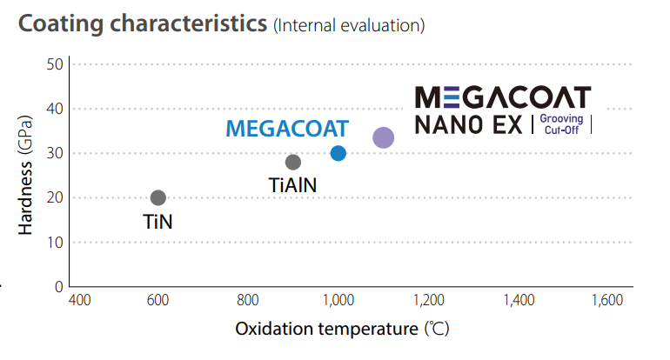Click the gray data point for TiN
coord(157,198)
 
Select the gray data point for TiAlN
coord(293,162)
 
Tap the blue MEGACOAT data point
coord(338,154)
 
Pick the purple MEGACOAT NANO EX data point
coord(383,137)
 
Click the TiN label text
coord(157,222)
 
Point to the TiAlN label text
coord(294,184)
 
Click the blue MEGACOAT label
coord(287,129)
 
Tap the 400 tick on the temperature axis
coord(78,301)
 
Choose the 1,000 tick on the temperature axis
coord(338,301)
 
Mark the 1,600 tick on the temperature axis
coord(606,301)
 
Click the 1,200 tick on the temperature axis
coord(429,301)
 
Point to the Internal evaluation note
coord(349,25)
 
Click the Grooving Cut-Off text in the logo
coord(560,124)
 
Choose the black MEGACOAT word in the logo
coord(502,97)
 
